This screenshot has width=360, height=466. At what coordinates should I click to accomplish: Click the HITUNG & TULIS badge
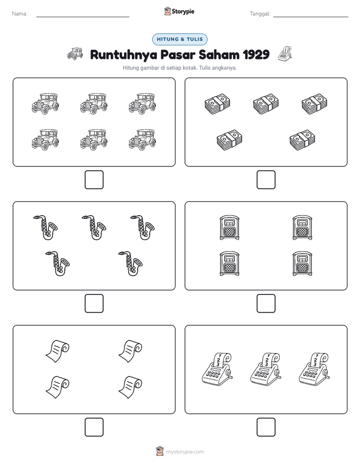[x=179, y=39]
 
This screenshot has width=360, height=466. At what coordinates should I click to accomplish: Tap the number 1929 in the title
[x=256, y=54]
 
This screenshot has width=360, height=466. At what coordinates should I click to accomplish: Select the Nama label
[x=20, y=14]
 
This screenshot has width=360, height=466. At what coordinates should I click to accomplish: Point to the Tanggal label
[x=260, y=14]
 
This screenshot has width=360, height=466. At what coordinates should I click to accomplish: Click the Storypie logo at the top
[x=179, y=11]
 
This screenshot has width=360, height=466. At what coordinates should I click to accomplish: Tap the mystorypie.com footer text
[x=185, y=452]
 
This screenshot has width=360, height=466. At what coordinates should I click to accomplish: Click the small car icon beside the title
[x=75, y=53]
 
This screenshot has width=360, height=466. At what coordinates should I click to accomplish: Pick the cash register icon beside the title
[x=285, y=53]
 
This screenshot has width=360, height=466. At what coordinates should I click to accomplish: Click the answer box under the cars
[x=94, y=180]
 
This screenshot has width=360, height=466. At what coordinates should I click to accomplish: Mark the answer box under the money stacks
[x=266, y=180]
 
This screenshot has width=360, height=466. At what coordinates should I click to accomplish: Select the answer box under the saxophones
[x=94, y=304]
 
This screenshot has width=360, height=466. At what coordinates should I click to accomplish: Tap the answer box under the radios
[x=266, y=304]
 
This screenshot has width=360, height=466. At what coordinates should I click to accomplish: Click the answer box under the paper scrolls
[x=94, y=427]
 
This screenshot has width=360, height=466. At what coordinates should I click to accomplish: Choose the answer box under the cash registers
[x=266, y=427]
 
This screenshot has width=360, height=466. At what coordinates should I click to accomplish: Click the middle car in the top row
[x=94, y=104]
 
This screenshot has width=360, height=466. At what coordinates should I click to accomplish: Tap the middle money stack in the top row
[x=266, y=104]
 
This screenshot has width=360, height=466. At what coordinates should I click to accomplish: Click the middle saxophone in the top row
[x=94, y=227]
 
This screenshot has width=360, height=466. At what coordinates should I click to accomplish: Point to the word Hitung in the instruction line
[x=131, y=68]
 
